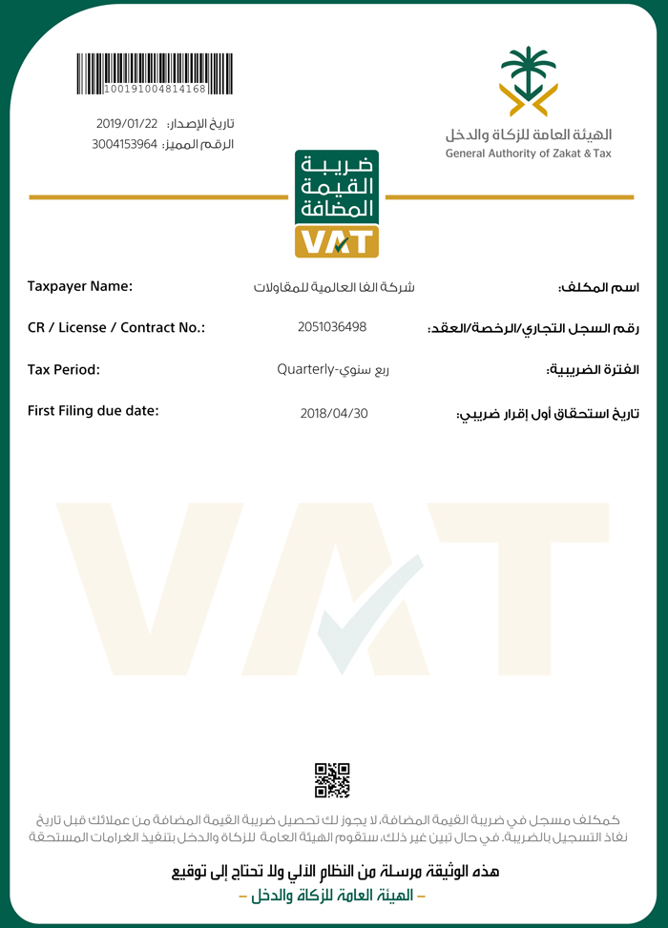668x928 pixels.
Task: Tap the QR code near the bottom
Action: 332,780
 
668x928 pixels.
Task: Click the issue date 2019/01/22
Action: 126,124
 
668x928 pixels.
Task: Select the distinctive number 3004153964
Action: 124,144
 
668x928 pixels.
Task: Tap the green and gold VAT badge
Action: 337,203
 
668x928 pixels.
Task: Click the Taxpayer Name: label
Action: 80,286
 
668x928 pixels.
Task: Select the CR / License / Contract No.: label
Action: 116,327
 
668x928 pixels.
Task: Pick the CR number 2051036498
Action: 332,327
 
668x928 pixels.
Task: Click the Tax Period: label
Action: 64,369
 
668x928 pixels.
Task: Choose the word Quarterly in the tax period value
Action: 304,369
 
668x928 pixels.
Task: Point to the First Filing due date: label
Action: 94,411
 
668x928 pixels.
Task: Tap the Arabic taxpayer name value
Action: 333,287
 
